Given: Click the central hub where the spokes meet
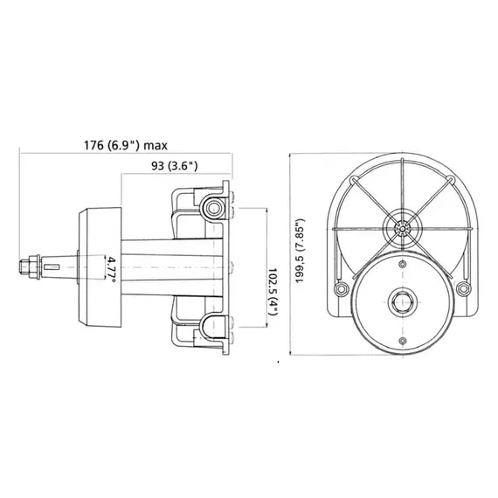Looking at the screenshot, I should coord(402,229).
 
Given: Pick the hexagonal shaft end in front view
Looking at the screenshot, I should coord(401,302).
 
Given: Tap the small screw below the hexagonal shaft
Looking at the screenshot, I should coord(401,340).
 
